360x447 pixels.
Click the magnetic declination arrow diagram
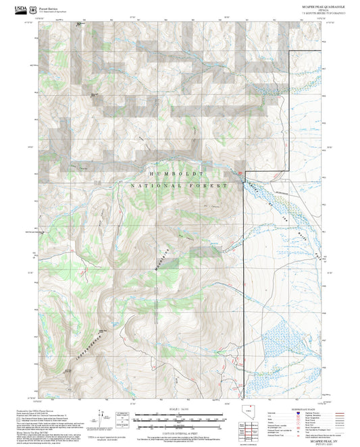point(101,417)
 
